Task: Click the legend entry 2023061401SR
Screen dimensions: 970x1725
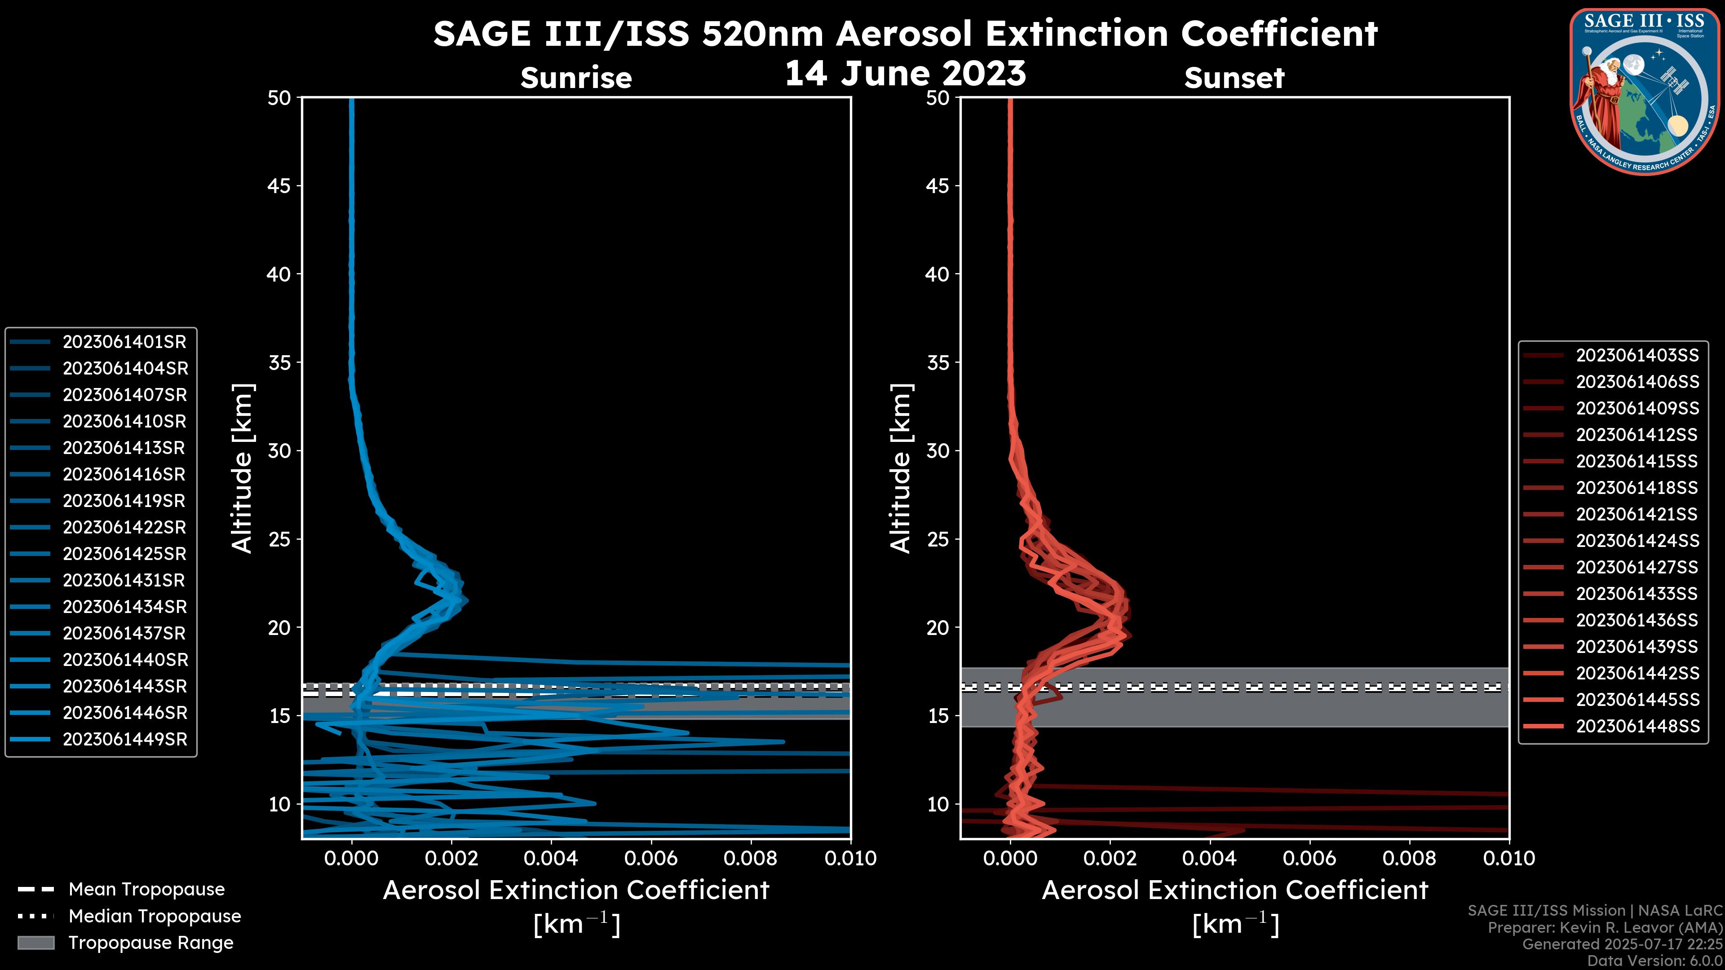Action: pyautogui.click(x=124, y=342)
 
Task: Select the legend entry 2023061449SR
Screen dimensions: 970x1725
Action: pyautogui.click(x=124, y=740)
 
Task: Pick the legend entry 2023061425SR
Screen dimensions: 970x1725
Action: pyautogui.click(x=124, y=554)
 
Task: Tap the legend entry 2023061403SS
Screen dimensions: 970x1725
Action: pyautogui.click(x=1637, y=356)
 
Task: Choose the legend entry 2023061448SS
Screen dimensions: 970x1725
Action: pyautogui.click(x=1637, y=726)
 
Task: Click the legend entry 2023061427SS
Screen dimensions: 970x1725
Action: pyautogui.click(x=1637, y=568)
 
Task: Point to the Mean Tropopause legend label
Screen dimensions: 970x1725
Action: pyautogui.click(x=146, y=890)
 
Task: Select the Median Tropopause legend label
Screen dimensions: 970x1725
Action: pyautogui.click(x=155, y=917)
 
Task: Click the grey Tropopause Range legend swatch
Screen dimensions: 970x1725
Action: pyautogui.click(x=35, y=943)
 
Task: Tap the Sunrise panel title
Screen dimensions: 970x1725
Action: pyautogui.click(x=576, y=78)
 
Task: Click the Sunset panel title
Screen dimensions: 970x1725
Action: pyautogui.click(x=1234, y=78)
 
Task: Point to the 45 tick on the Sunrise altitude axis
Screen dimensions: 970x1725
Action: pyautogui.click(x=280, y=186)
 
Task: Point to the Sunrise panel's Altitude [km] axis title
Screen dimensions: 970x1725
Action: pyautogui.click(x=243, y=468)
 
